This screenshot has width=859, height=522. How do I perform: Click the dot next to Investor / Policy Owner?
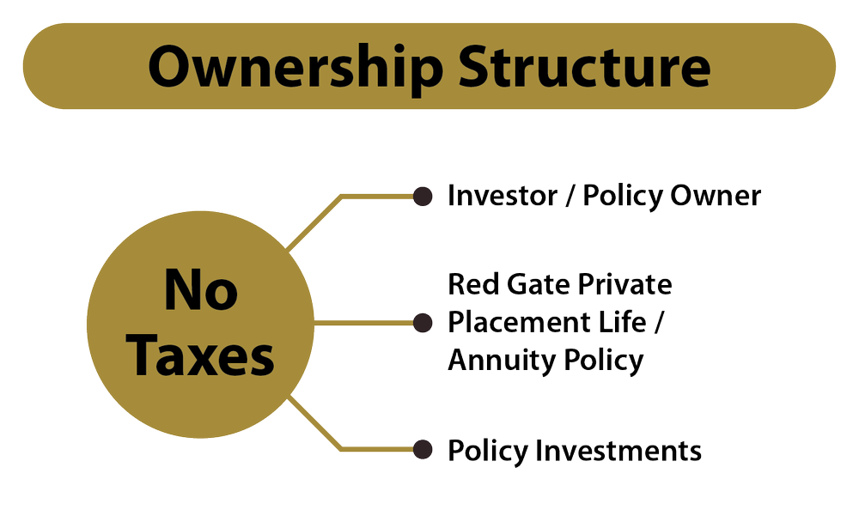[x=422, y=197]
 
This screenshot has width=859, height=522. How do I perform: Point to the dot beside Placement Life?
[x=422, y=323]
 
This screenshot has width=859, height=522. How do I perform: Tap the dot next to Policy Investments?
[x=422, y=449]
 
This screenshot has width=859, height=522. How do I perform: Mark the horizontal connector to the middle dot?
[x=365, y=323]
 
